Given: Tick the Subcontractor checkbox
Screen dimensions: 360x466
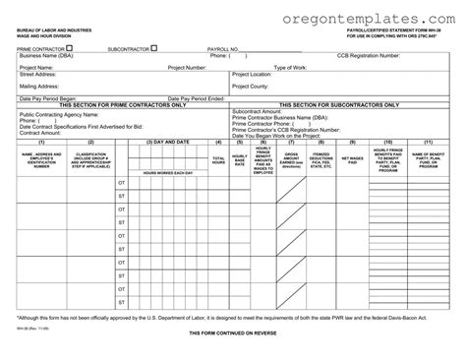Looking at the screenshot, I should point(150,46).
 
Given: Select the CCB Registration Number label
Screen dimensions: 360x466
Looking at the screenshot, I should point(369,56).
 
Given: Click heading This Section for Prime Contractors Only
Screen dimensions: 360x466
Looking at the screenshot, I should point(116,104).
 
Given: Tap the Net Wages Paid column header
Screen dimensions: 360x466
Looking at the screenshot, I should point(352,158).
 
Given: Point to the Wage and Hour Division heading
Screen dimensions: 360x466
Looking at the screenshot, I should point(49,38).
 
